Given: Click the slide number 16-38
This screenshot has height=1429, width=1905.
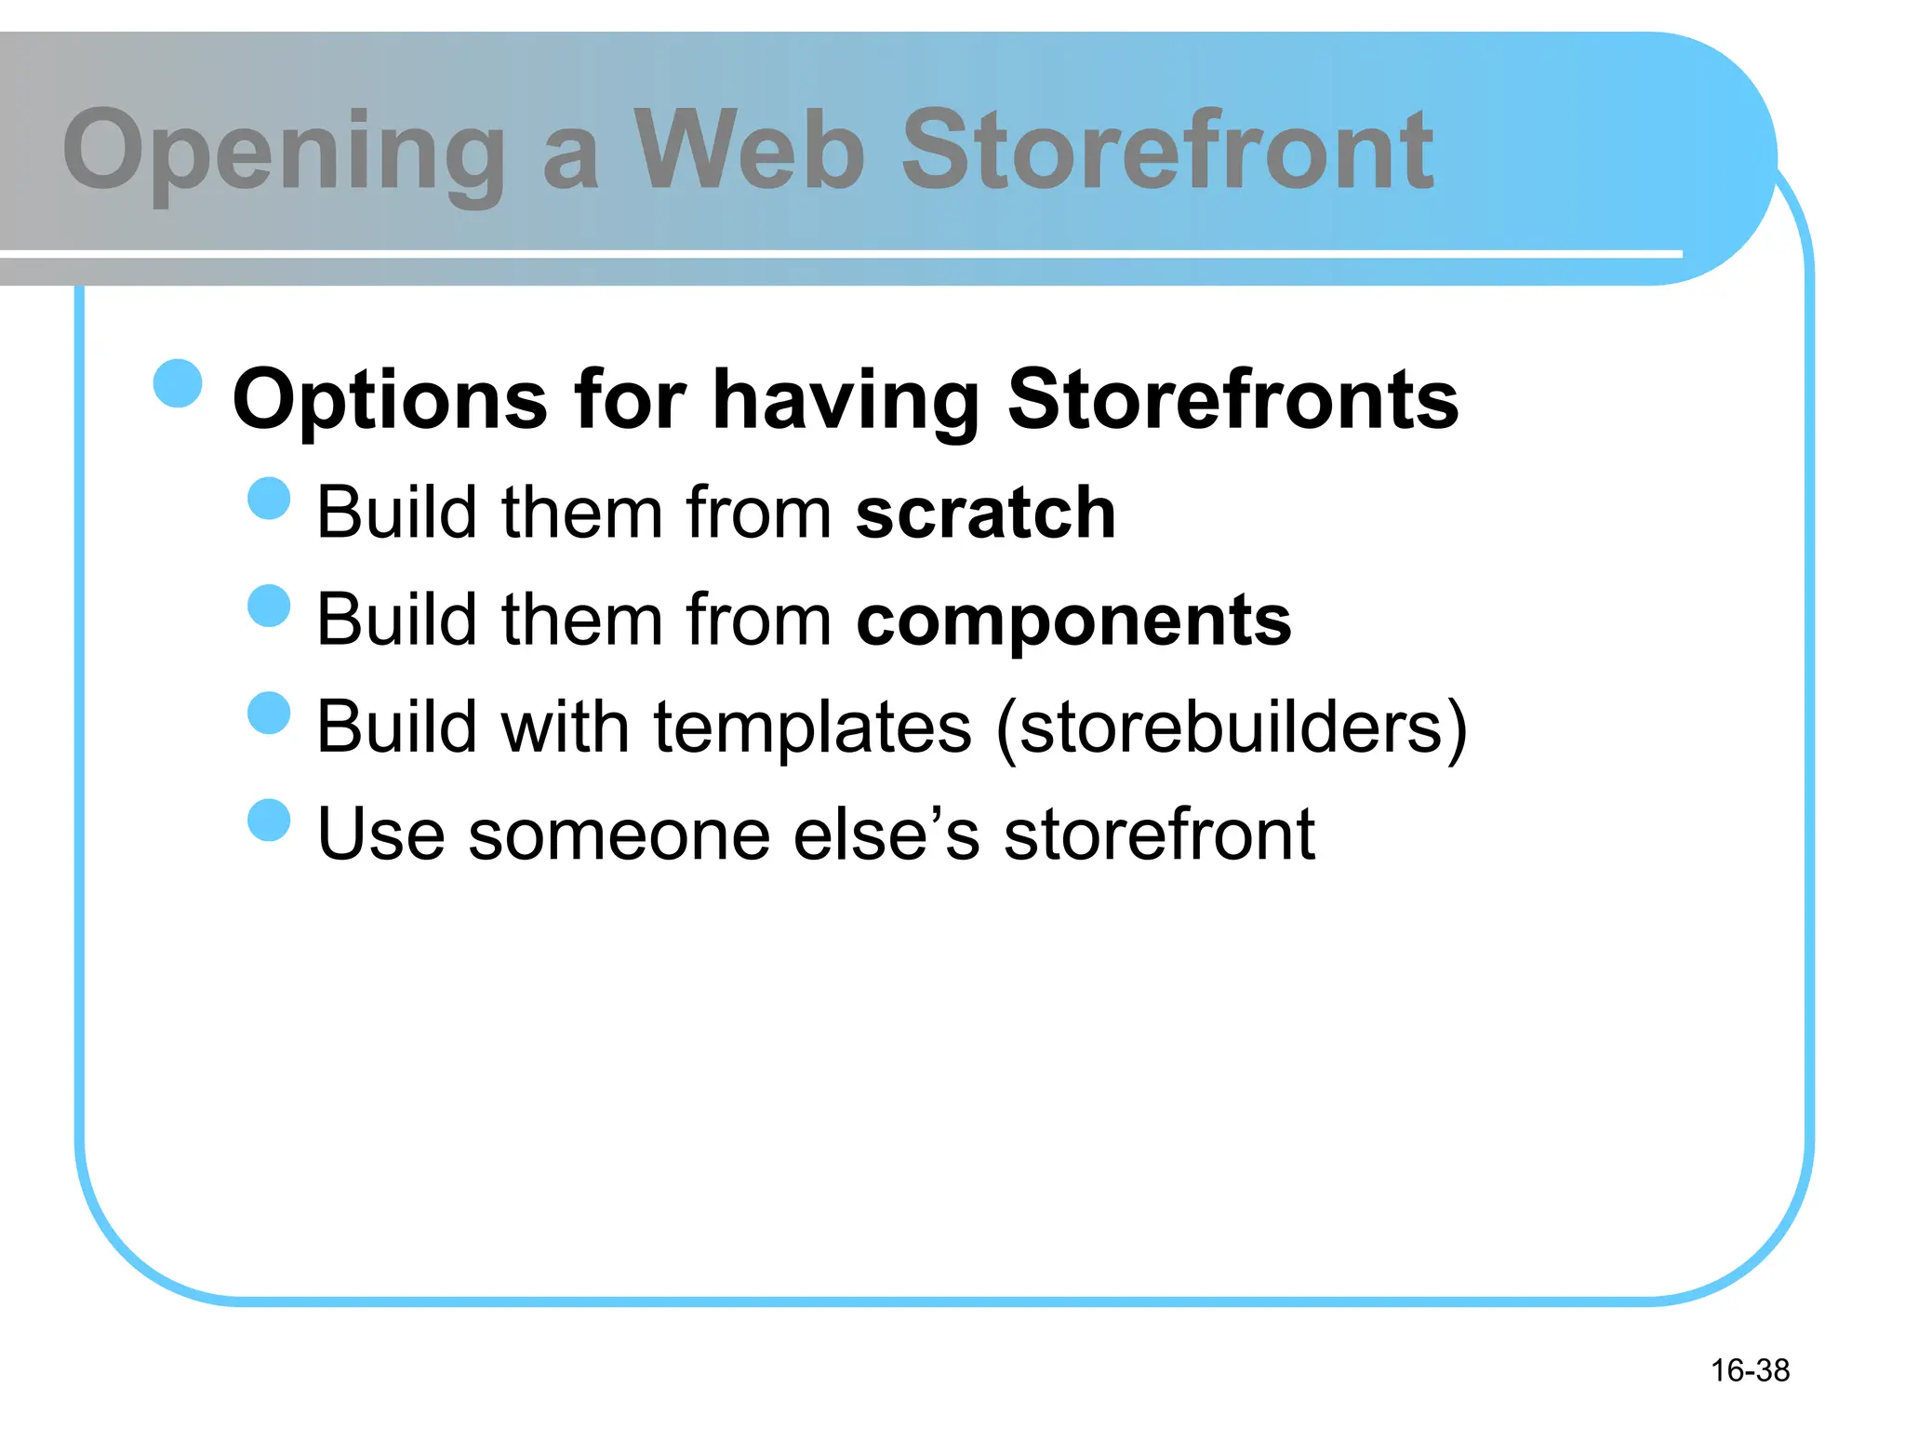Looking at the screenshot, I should point(1750,1370).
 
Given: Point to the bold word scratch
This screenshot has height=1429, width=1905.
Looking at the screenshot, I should point(985,513).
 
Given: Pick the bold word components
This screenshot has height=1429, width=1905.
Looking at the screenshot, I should point(1073,621).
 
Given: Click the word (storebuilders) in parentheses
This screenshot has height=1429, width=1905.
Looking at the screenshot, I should point(1231,728).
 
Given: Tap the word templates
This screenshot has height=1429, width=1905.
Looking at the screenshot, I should point(812,728).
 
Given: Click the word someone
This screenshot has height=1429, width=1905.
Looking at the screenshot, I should point(619,835).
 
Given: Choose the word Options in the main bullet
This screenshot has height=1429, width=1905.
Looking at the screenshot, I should point(390,400).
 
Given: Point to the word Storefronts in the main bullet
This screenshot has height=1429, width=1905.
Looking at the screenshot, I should point(1232,400).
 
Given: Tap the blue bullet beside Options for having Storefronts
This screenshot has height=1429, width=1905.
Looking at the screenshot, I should point(178,383).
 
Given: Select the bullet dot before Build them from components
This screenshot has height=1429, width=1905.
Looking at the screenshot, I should point(270,606).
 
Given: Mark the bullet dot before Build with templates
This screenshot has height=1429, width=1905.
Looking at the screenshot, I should point(270,713).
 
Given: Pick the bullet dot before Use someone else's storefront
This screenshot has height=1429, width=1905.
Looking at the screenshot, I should point(270,820).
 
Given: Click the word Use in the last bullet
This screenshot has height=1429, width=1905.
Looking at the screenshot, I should point(380,835).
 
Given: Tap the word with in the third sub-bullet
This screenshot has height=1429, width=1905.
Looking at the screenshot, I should point(565,728).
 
